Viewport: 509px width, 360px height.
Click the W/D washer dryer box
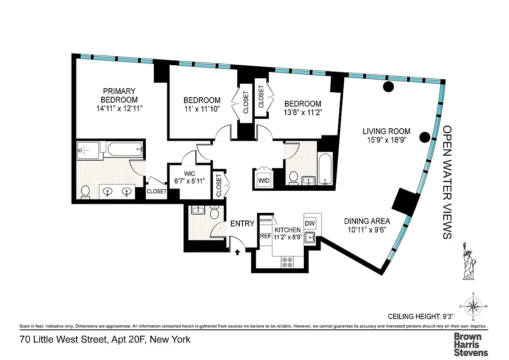[x=263, y=180]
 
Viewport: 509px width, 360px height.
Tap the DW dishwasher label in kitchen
[x=310, y=224]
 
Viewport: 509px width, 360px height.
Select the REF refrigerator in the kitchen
[x=265, y=236]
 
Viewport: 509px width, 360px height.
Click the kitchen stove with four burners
[x=287, y=262]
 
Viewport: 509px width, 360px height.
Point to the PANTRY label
[x=266, y=220]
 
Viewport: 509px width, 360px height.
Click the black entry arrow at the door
[x=237, y=253]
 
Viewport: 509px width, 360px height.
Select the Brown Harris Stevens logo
[x=470, y=344]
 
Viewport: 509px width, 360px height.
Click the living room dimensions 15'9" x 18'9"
[x=387, y=140]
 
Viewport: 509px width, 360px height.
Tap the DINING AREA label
[x=367, y=221]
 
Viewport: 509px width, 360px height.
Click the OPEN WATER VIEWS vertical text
[x=447, y=182]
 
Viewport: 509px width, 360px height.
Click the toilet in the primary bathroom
[x=86, y=192]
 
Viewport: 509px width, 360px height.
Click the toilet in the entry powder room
[x=214, y=211]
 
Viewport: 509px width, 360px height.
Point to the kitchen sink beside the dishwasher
[x=310, y=237]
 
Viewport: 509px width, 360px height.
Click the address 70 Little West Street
[x=105, y=339]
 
